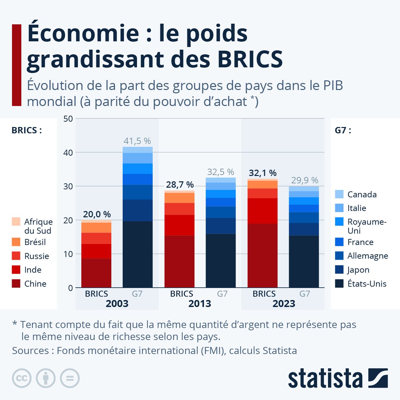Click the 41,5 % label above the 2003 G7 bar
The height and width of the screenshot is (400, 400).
point(137,141)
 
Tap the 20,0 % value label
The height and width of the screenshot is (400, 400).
point(97,214)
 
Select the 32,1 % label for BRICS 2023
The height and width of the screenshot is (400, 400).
point(263,173)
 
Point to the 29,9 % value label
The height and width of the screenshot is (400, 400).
point(305,180)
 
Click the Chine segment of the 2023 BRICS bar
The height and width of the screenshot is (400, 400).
point(263,255)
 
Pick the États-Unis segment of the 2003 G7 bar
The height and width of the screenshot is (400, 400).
point(137,254)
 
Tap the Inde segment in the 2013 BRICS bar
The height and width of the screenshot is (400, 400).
point(179,225)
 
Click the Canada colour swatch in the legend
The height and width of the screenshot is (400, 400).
point(339,194)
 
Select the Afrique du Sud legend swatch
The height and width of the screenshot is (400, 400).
point(16,222)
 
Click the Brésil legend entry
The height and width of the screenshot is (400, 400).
point(35,242)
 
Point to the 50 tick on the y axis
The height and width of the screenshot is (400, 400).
point(68,119)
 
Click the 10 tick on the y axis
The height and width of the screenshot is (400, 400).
point(68,254)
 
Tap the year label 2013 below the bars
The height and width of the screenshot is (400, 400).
point(200,304)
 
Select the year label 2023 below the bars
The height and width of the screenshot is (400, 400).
point(284,304)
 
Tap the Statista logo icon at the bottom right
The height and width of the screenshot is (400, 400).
point(378,378)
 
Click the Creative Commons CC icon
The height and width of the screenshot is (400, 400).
point(22,378)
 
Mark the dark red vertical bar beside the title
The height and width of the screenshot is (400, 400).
point(16,65)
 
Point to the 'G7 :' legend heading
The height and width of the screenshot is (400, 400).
point(343,130)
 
